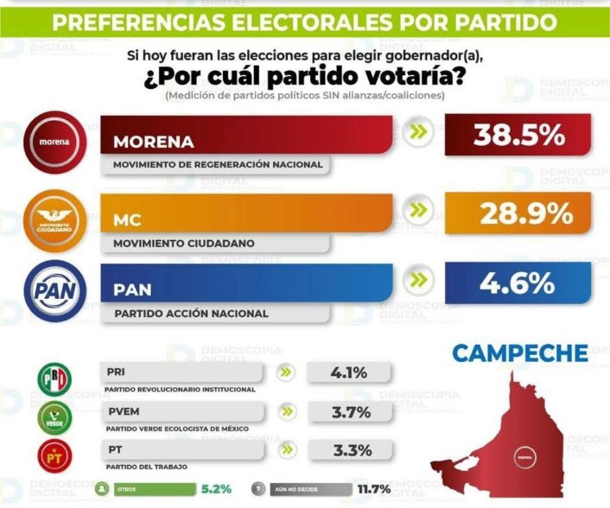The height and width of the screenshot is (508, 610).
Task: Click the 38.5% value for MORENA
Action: click(x=518, y=136)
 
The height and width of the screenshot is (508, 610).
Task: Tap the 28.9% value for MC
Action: click(x=518, y=213)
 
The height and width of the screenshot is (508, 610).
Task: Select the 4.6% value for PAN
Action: click(x=518, y=283)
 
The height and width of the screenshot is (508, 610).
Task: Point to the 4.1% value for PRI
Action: click(x=349, y=373)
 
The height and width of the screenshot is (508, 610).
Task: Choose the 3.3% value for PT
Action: click(x=349, y=450)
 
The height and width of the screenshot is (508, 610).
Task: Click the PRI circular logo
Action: click(x=54, y=379)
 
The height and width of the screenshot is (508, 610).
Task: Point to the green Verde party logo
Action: click(x=54, y=417)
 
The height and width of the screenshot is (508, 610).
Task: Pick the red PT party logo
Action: click(x=54, y=455)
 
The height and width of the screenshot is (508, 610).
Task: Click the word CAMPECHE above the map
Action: click(x=520, y=353)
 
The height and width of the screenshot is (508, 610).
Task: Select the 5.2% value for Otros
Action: click(x=215, y=489)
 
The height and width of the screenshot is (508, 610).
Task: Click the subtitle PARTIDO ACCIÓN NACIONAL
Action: click(x=191, y=314)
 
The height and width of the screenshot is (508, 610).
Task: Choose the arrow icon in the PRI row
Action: click(x=287, y=373)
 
